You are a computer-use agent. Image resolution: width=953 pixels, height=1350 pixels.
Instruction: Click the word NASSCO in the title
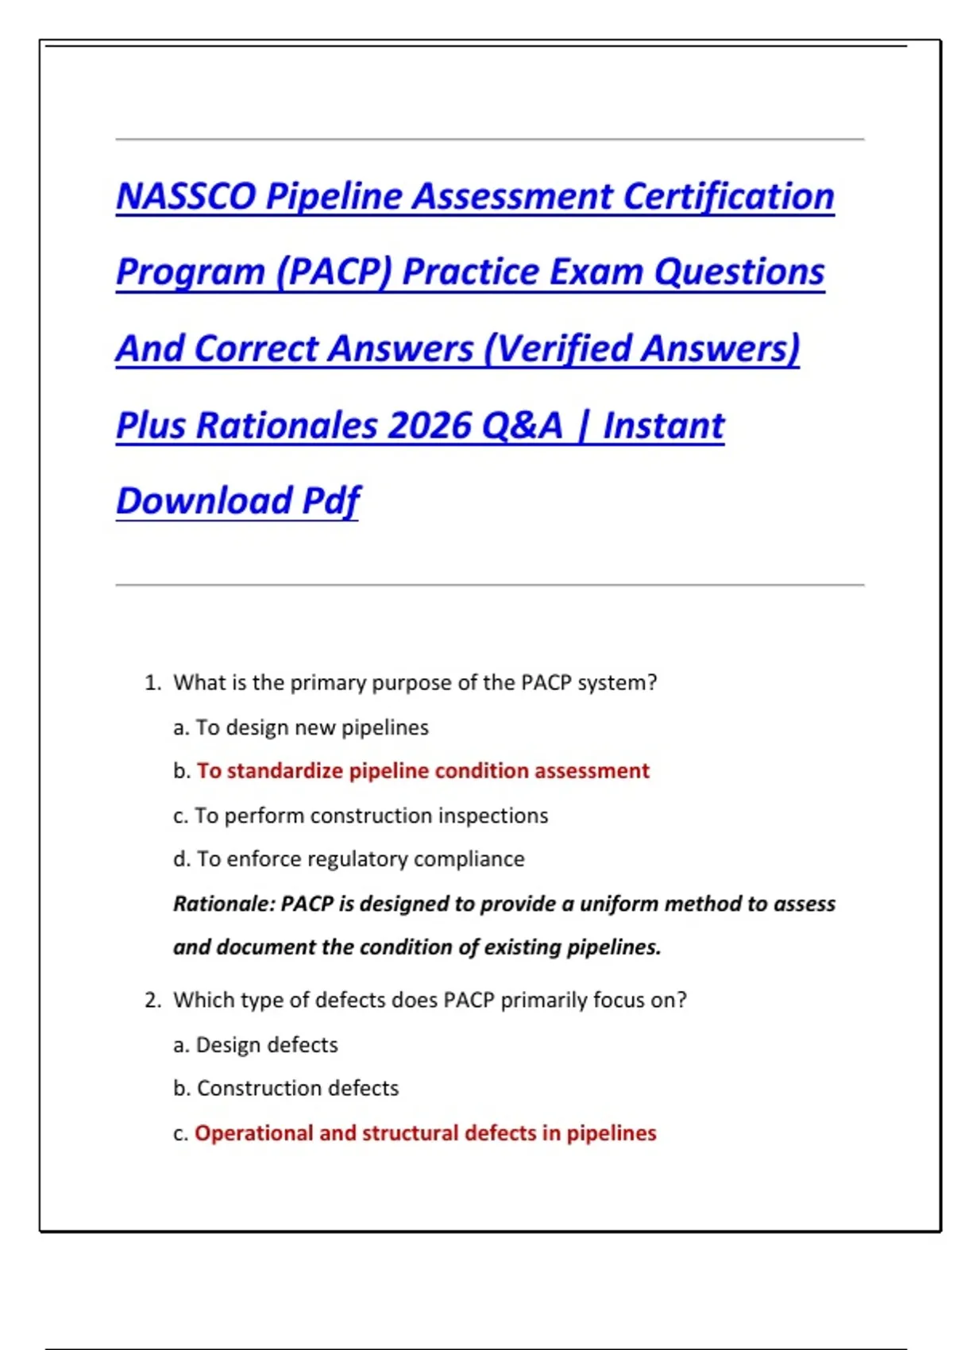(186, 196)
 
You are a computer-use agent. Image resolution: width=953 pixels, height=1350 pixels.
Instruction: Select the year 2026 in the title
(428, 425)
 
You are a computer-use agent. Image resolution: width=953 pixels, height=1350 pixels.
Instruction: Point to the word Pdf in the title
(330, 501)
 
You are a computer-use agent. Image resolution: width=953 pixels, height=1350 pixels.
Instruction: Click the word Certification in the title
(728, 196)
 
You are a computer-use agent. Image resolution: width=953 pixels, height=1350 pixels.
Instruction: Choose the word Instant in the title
(663, 425)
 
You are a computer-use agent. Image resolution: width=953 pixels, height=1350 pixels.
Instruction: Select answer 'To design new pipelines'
(311, 727)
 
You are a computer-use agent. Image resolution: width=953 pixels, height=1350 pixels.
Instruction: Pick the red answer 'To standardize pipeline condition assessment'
(423, 771)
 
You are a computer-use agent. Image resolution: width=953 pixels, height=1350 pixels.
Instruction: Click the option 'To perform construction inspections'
(372, 816)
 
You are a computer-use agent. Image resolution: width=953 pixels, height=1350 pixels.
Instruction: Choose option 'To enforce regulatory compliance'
(361, 858)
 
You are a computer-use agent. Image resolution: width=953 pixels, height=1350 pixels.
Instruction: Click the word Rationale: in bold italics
(224, 904)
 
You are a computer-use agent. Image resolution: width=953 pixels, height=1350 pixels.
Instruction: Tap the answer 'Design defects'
(267, 1044)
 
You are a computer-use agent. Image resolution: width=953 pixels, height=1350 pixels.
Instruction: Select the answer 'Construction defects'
(298, 1088)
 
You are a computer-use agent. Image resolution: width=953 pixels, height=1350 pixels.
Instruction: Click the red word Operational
(254, 1133)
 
